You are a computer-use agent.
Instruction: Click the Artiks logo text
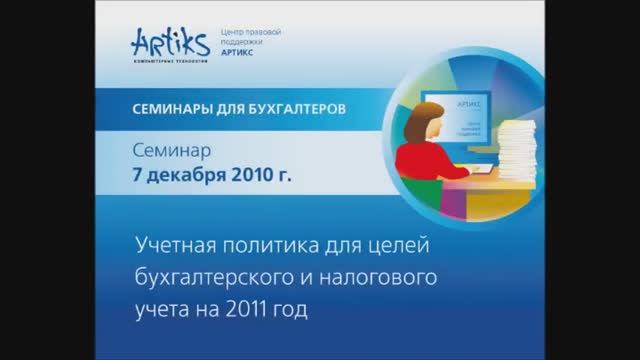166,42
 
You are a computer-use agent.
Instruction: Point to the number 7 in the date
139,176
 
